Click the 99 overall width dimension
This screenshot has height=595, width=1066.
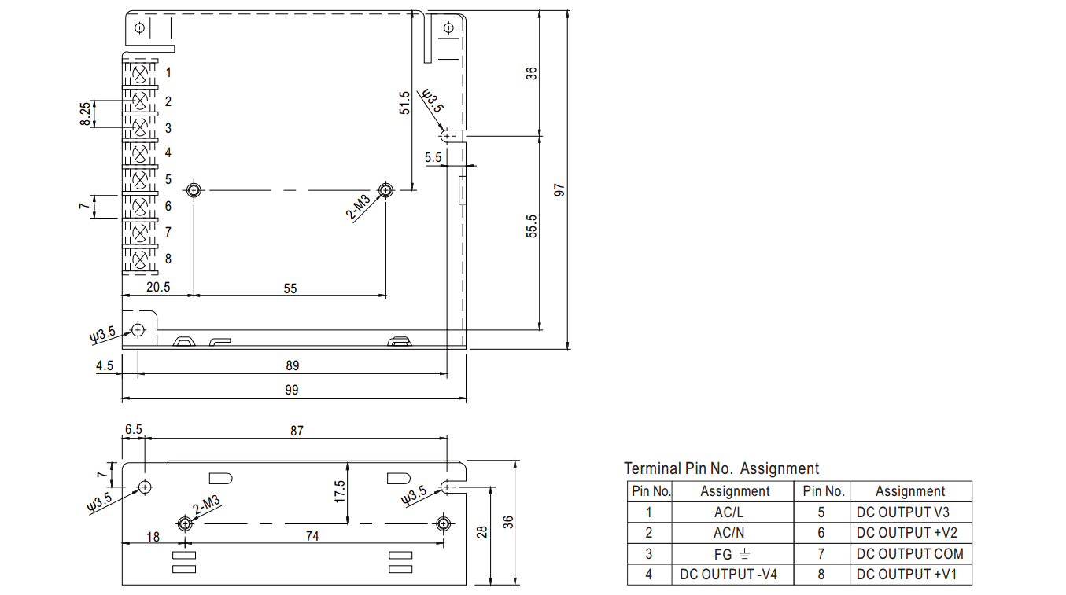click(292, 390)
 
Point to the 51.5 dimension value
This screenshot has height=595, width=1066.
click(404, 103)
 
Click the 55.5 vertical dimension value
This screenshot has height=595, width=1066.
click(532, 226)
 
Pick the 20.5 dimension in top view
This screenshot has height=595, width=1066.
click(157, 287)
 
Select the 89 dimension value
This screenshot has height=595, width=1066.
click(292, 365)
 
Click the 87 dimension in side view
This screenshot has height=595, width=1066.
click(296, 431)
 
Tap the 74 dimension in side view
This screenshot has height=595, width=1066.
click(312, 536)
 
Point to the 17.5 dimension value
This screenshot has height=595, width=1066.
click(339, 492)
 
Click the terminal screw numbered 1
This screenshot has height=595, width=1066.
click(141, 74)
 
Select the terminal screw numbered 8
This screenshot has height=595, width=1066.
click(141, 259)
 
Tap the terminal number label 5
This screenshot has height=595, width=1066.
click(168, 180)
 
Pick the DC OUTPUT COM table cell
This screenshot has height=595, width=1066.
click(909, 553)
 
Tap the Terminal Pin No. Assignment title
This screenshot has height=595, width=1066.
click(721, 468)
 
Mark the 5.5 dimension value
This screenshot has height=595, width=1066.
click(433, 158)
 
